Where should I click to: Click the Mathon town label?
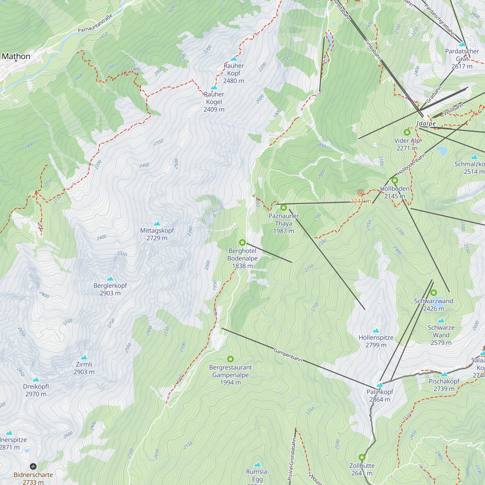coord(16,56)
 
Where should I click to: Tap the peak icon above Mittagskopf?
coord(157,223)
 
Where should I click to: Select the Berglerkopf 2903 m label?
coord(110,289)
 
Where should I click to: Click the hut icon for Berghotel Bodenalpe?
coord(242,242)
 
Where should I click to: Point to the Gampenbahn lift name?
coord(288,355)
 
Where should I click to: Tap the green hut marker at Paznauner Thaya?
coord(284,207)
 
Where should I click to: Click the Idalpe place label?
coord(426,123)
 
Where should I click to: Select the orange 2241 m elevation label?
coord(361,201)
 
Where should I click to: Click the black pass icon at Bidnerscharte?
coord(33,466)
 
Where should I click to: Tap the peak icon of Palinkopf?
coord(380,385)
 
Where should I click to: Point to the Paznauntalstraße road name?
coord(95,23)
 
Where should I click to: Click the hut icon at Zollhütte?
coord(362,457)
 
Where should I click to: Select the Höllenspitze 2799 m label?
coord(376,341)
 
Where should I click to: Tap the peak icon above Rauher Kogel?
coord(214,87)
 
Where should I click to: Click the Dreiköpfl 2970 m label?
coord(36,390)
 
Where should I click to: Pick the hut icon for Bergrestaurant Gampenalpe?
coord(230,359)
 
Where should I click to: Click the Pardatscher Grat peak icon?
coord(462,44)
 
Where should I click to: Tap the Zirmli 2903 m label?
coord(84,368)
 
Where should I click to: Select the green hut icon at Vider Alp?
coord(407,132)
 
